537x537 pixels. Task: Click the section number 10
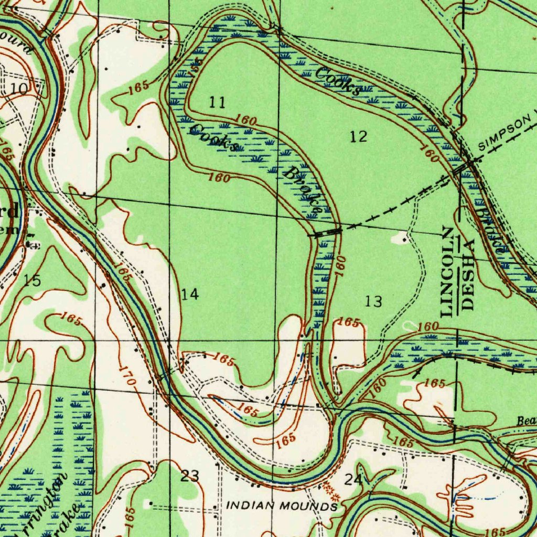pos(20,88)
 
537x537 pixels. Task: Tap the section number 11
pos(217,102)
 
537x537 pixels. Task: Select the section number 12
pos(359,137)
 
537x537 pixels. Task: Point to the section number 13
pos(374,302)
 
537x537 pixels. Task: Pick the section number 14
pos(190,294)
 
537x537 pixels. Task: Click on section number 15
pos(33,281)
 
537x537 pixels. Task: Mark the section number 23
pos(190,476)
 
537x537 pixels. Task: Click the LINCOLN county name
pos(447,272)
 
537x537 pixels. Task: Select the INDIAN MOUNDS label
pos(282,507)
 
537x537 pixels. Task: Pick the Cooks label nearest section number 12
pos(338,81)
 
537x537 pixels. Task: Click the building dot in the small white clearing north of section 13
pos(403,239)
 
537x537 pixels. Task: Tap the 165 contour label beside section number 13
pos(348,323)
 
